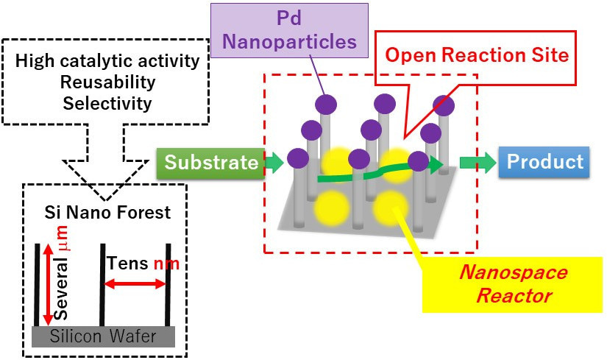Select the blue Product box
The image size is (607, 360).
[x=545, y=162]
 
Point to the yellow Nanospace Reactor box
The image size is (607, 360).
[x=513, y=285]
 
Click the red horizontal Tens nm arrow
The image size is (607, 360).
[x=135, y=283]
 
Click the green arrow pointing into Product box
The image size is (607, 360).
[x=478, y=163]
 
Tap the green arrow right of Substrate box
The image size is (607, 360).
[x=273, y=163]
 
